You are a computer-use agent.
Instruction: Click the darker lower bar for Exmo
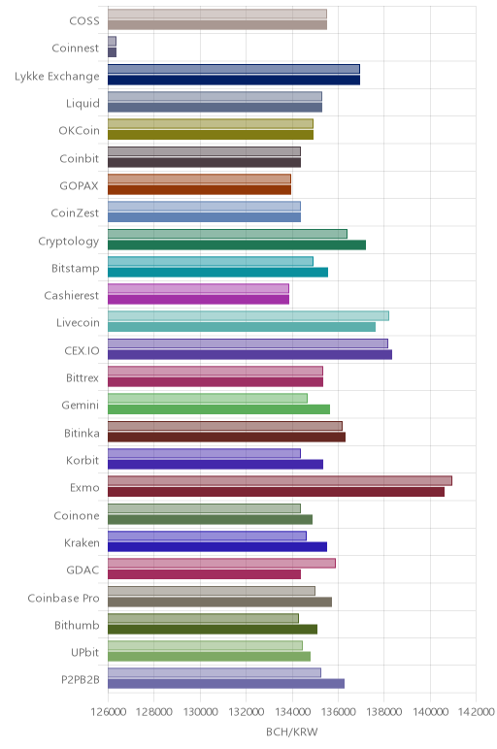pos(276,492)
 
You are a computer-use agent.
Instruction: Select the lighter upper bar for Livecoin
pos(248,315)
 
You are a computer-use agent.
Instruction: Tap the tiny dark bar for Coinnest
pos(112,52)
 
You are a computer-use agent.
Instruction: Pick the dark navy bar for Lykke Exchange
pos(234,80)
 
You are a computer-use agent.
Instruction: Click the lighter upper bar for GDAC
pos(221,563)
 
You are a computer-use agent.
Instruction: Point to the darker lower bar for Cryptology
pos(237,244)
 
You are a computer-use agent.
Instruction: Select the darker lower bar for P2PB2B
pos(226,684)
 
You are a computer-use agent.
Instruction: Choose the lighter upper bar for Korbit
pos(204,453)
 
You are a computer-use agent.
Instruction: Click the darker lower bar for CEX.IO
pos(249,354)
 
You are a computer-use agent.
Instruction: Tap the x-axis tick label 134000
pos(292,712)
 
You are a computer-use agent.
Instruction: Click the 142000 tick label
pos(476,712)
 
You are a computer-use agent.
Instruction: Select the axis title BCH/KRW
pos(291,732)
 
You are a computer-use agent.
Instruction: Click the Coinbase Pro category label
pos(63,598)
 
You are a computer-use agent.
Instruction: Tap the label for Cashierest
pos(72,295)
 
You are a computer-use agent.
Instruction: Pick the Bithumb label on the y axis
pos(77,625)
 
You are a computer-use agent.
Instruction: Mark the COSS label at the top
pos(84,21)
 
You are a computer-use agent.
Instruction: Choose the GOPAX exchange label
pos(80,186)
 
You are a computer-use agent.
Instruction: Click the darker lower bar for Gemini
pos(218,409)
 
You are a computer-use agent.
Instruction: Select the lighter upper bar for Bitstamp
pos(211,261)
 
